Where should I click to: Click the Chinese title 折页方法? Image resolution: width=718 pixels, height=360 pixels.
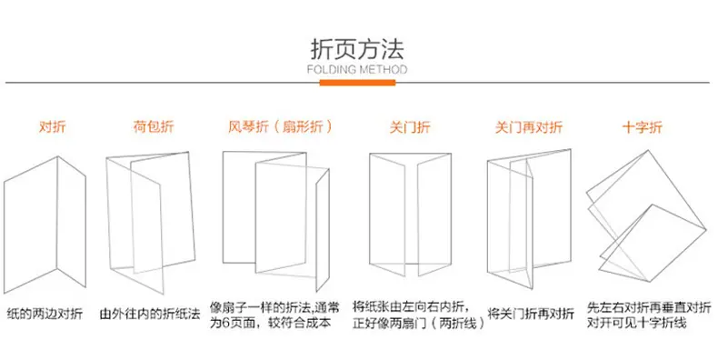tap(356, 49)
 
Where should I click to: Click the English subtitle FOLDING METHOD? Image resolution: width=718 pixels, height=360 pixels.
tap(356, 70)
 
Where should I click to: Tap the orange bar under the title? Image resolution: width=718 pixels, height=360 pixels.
tap(357, 83)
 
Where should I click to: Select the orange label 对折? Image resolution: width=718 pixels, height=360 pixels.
tap(52, 126)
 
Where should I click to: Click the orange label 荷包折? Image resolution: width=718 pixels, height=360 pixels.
tap(154, 126)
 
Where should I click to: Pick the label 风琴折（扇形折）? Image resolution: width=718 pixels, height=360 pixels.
tap(280, 126)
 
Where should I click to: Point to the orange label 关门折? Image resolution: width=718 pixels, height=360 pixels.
tap(410, 127)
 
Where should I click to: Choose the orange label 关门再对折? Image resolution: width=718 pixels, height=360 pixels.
tap(528, 127)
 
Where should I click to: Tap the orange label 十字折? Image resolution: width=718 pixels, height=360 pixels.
tap(642, 127)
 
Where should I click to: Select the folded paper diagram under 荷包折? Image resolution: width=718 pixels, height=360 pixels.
tap(149, 223)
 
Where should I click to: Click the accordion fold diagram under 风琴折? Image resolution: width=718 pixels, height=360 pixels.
tap(276, 221)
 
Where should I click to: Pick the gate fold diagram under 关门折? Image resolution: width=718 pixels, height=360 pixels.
tap(410, 215)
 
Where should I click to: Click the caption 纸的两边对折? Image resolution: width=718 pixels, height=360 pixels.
tap(45, 314)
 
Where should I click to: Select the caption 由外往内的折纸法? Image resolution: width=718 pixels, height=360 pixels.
tap(150, 314)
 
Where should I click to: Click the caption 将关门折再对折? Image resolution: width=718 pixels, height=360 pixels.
tap(531, 314)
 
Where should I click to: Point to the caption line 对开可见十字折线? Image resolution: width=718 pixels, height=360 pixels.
tap(637, 323)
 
